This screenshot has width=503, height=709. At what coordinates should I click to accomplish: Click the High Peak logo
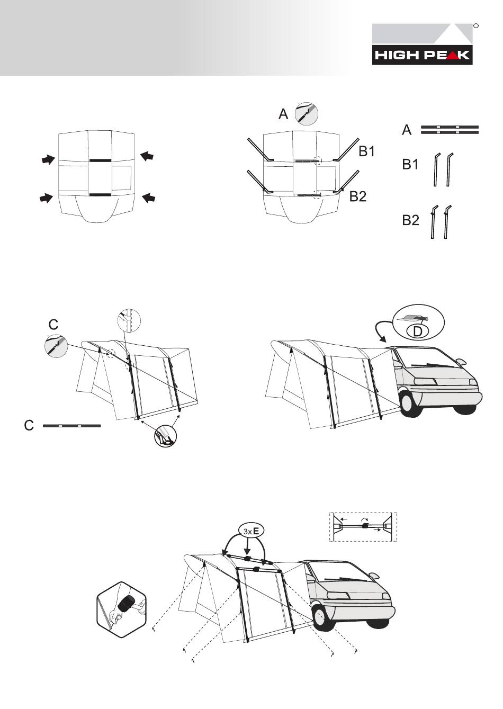(x=423, y=44)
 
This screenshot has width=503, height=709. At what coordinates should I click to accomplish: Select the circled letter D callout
(x=418, y=331)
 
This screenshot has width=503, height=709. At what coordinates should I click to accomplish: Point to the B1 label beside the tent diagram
(x=366, y=151)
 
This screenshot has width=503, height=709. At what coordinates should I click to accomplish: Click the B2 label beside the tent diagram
(x=358, y=196)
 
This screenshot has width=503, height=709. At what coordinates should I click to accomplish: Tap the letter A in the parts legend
(x=407, y=130)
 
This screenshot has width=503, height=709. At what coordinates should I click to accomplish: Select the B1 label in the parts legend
(x=410, y=164)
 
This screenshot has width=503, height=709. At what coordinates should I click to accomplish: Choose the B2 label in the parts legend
(x=410, y=220)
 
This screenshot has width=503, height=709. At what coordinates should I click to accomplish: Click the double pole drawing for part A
(x=450, y=130)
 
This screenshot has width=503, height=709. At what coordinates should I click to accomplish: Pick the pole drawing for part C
(x=72, y=426)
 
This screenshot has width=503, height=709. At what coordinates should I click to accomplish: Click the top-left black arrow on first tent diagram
(x=48, y=159)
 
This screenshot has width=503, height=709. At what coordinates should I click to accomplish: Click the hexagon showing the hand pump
(x=122, y=609)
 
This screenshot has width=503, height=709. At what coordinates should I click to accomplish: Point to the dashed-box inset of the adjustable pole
(x=363, y=527)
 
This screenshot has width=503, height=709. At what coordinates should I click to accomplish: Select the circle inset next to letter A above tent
(x=306, y=114)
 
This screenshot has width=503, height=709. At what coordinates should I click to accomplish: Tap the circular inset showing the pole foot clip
(x=166, y=436)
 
